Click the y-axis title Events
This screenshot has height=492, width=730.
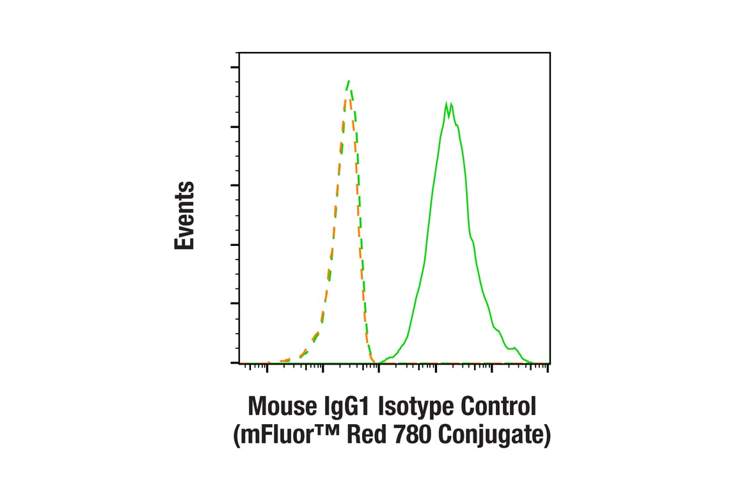(184, 215)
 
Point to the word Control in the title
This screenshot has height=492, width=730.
(504, 407)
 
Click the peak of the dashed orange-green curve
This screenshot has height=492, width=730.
(349, 81)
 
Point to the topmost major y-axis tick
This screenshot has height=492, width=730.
(234, 67)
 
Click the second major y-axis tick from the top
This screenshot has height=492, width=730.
(234, 127)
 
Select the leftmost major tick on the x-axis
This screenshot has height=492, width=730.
(267, 366)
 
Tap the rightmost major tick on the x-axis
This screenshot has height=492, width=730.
(491, 366)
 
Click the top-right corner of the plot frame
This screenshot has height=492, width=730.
(550, 53)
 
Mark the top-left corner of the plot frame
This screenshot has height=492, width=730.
(239, 53)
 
